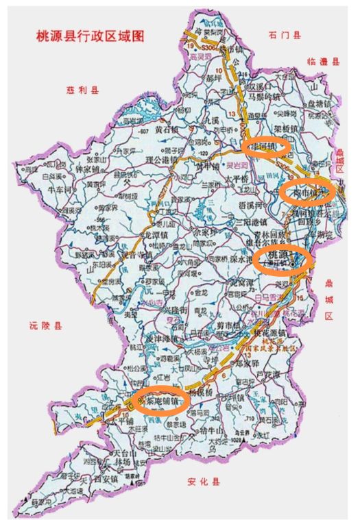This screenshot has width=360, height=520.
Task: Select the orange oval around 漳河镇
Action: [268, 146]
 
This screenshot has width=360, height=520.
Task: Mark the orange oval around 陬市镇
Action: [307, 191]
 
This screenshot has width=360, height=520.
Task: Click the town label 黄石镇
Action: [167, 128]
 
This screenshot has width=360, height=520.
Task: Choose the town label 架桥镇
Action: [286, 128]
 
